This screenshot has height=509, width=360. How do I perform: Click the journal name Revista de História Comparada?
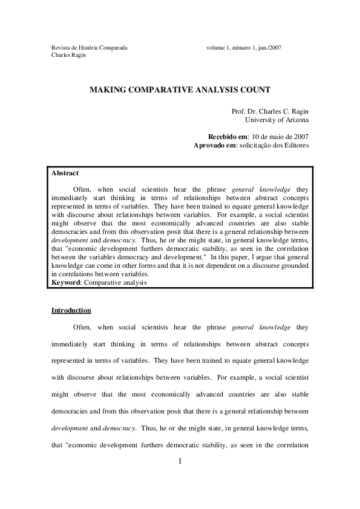pos(89,47)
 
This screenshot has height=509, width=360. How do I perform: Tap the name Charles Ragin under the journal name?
pos(68,55)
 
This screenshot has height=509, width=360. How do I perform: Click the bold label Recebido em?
pos(227,137)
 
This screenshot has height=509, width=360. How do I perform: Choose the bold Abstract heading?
pos(65,173)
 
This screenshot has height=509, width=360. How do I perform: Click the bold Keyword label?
pos(67,282)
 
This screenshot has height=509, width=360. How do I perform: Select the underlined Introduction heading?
pos(71,311)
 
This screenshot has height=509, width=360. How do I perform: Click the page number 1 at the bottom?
pos(180,462)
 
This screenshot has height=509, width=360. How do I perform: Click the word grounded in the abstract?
pos(292,265)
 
